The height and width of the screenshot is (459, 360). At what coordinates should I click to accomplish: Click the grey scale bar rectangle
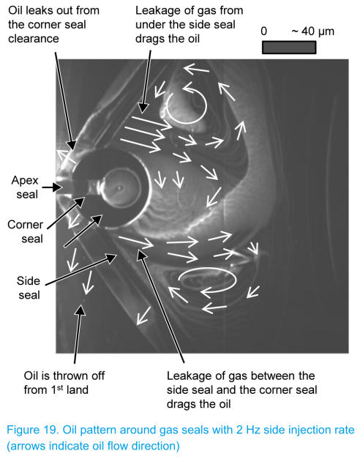pos(289,48)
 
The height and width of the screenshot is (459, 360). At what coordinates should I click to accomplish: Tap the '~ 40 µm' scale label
pos(313,31)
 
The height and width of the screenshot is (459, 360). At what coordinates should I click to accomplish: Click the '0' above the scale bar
pos(263,31)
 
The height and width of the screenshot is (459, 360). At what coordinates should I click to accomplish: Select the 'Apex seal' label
pos(25,187)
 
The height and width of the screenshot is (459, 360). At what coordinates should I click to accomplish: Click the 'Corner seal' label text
pos(25,231)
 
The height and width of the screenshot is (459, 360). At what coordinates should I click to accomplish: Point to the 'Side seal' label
pos(29,288)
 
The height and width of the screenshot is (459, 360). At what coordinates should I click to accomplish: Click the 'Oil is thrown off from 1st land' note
pos(64,383)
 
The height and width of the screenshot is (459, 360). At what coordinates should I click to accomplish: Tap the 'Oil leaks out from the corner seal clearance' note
pos(53,25)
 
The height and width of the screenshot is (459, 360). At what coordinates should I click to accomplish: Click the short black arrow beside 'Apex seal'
pos(52,187)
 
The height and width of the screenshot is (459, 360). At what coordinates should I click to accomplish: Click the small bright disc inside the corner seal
pos(119,187)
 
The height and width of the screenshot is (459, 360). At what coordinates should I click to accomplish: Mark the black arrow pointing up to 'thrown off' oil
pos(78,334)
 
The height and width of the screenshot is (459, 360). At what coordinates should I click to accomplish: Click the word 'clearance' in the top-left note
pos(34,39)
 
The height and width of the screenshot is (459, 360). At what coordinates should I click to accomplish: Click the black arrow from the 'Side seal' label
pos(81,269)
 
